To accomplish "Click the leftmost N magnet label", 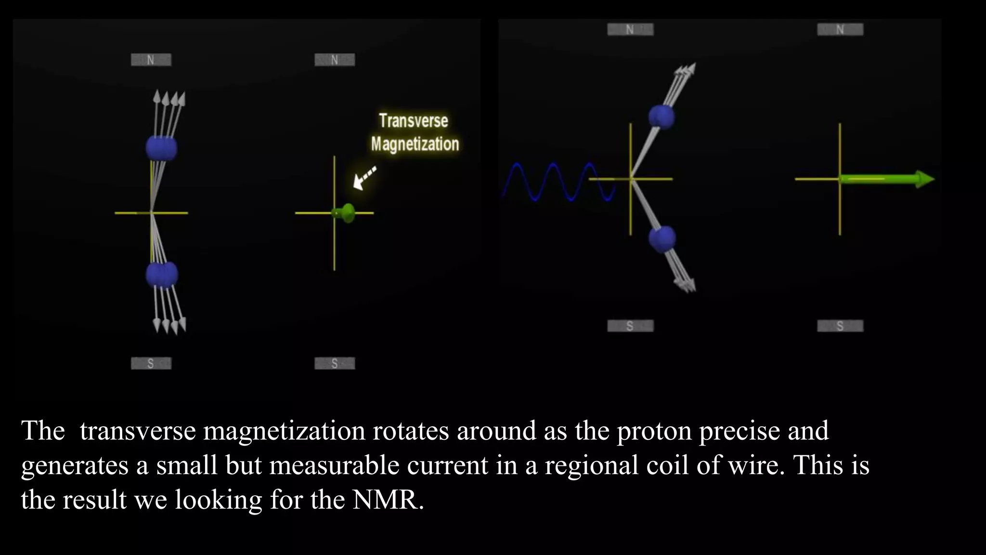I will (151, 60).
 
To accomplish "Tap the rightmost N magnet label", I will (840, 29).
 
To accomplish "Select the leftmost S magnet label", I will (151, 363).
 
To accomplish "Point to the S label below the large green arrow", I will (840, 326).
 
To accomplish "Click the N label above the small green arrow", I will (334, 60).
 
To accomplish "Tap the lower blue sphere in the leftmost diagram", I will (162, 275).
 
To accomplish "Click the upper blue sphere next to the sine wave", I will (662, 117).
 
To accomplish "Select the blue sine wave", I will (554, 182).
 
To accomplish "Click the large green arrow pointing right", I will (886, 179).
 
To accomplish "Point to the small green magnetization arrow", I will (345, 212).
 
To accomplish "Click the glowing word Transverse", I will (413, 120).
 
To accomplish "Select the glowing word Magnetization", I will (415, 144).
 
